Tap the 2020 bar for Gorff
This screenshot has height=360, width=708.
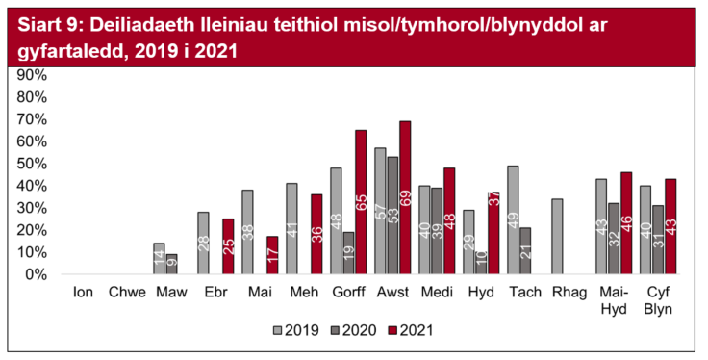(347, 253)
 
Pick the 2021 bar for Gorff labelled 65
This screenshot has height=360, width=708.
(361, 202)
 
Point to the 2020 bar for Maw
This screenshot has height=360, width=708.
(172, 265)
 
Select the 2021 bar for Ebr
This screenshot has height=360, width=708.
(228, 246)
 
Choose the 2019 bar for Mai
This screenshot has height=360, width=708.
(247, 232)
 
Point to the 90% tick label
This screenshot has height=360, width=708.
(32, 75)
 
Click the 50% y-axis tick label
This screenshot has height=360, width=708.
(32, 164)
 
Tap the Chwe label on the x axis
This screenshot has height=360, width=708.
(129, 291)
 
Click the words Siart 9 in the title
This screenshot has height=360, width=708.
(48, 23)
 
